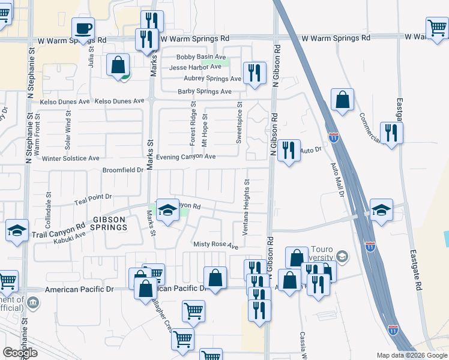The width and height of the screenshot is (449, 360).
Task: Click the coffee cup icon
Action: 83,28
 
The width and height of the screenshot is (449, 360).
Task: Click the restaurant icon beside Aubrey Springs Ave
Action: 254,73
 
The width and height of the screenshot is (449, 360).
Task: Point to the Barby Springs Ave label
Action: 205,92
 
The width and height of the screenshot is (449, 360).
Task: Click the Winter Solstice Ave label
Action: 71,158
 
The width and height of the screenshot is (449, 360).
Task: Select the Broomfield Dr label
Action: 124,170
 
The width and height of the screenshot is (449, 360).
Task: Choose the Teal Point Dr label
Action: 92,196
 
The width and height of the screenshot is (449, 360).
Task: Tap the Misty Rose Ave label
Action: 215,245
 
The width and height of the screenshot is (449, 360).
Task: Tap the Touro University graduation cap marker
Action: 342,257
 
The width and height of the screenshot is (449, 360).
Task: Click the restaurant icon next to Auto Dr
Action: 289,151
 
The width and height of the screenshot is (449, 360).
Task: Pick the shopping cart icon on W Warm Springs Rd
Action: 436,27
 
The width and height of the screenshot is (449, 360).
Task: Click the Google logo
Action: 20,353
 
